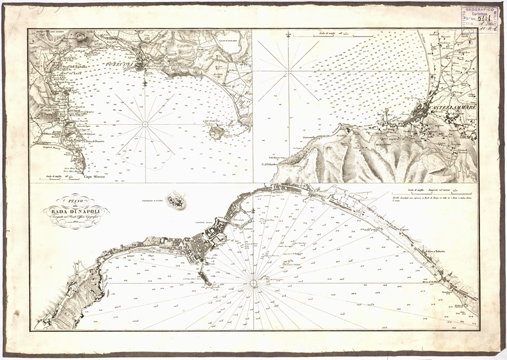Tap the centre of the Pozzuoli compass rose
[145, 124]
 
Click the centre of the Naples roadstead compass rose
[253, 283]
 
